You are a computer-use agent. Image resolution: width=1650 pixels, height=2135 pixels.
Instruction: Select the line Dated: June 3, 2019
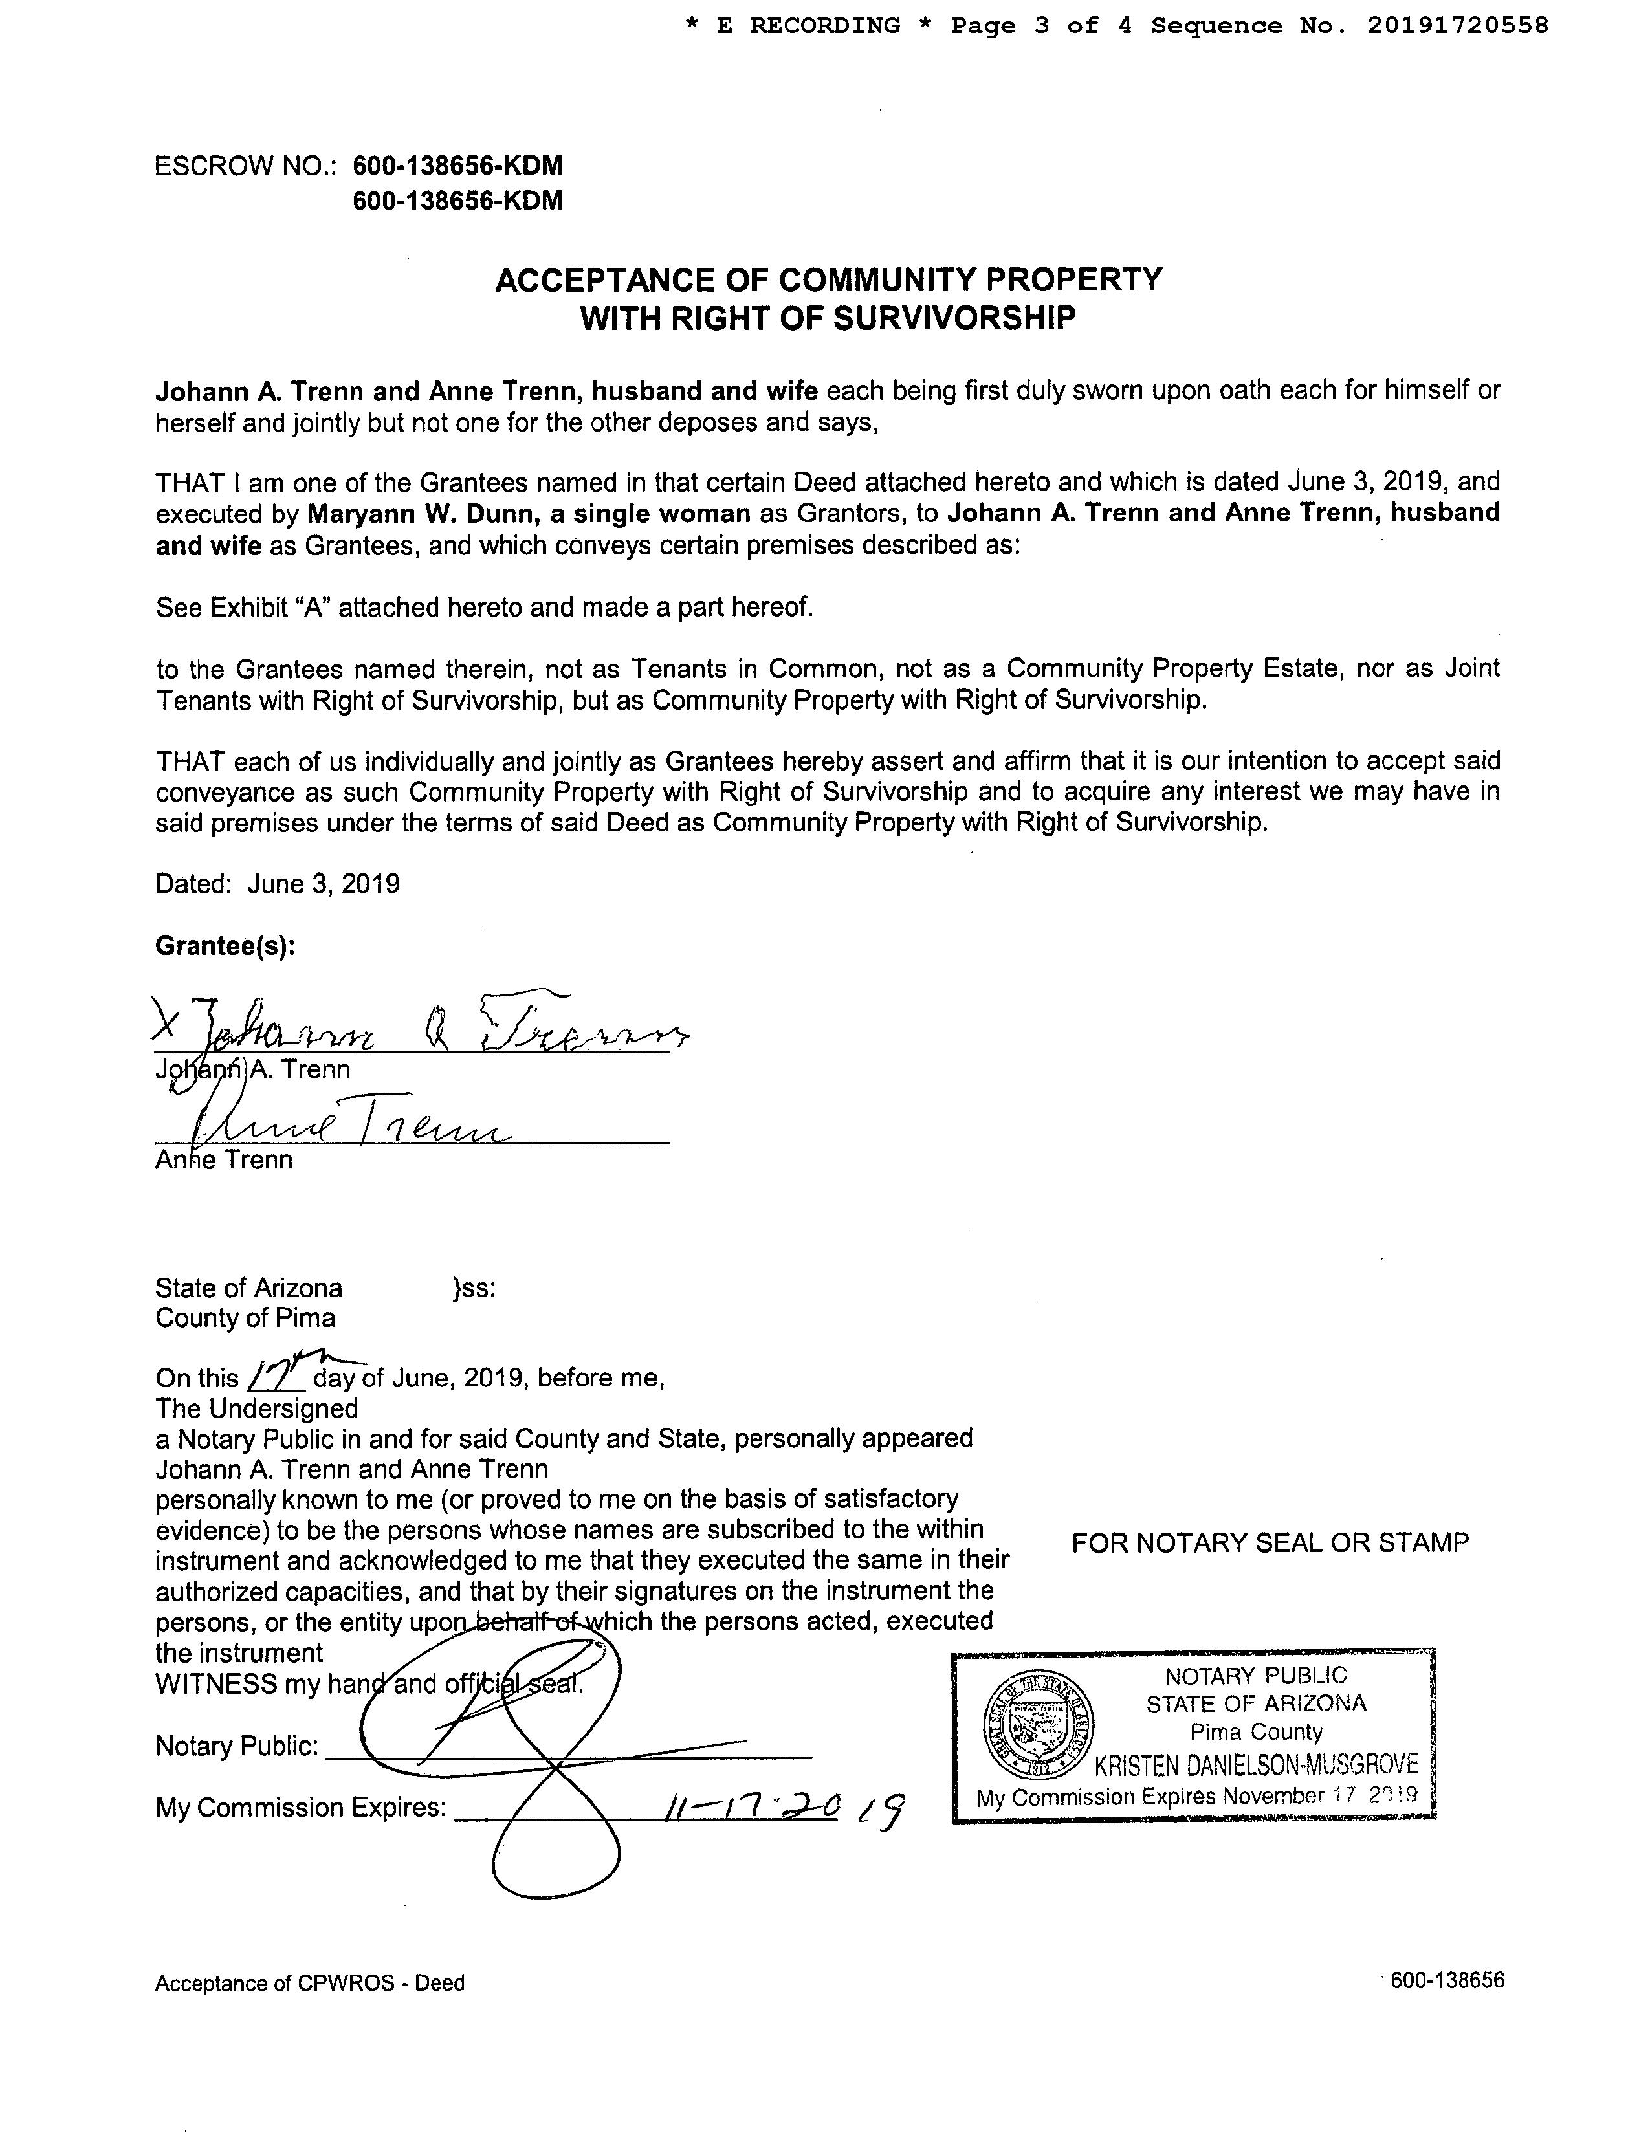(278, 884)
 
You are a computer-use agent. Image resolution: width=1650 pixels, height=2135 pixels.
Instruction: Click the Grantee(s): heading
(225, 947)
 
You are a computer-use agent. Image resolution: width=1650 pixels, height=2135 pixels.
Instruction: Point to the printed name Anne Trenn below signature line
(224, 1161)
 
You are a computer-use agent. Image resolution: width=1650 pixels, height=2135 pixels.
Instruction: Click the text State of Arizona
(248, 1287)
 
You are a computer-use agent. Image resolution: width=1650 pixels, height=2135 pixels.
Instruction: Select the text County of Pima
(245, 1318)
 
